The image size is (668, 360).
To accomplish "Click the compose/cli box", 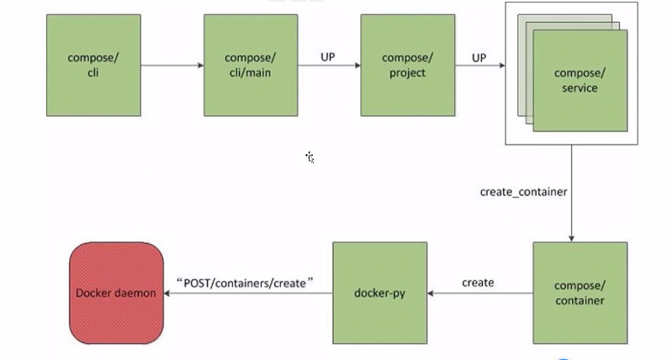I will coord(93,65).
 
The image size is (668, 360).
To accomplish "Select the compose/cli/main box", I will coord(251,65).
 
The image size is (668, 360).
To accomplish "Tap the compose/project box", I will coord(407,65).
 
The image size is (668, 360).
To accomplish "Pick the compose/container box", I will coord(580,293).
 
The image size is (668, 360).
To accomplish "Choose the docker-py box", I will coord(380,293).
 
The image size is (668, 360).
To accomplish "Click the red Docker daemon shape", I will coord(116,293).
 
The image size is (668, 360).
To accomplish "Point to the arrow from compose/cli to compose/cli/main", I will coord(172,65).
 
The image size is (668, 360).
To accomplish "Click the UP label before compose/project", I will coord(329,57).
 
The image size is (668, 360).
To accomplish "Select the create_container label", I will coord(523,192).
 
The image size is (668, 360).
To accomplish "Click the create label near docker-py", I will coord(478,283).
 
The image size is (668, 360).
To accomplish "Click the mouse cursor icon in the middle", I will coord(310,156).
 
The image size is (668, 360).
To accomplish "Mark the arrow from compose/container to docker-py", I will coord(480,294).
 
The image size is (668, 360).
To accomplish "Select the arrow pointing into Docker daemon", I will coord(244,294).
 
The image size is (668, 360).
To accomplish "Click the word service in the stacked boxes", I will coord(580,87).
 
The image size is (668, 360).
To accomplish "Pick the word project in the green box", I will coord(407,72).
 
